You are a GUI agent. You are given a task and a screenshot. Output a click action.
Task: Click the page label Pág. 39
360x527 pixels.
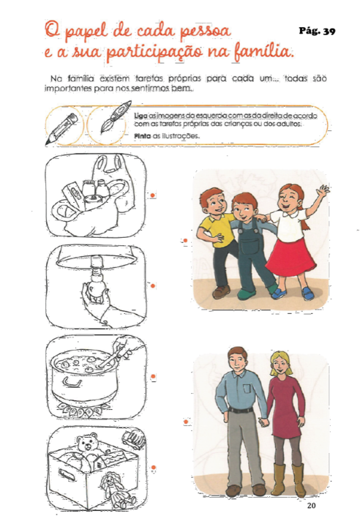(317, 31)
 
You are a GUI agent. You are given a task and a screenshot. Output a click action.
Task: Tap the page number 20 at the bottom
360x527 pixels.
(311, 505)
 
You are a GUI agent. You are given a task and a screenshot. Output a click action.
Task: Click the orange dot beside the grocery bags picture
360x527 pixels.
(152, 195)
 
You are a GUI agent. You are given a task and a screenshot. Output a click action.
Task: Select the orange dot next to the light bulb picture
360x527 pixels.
(153, 285)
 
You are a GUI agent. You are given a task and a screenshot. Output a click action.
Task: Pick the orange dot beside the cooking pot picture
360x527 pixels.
(153, 376)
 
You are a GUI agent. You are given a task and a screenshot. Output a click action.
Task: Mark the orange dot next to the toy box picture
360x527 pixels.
(153, 468)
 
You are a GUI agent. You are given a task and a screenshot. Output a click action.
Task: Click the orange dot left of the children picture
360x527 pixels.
(185, 241)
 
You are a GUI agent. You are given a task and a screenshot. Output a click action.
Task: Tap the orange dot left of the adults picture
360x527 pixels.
(185, 422)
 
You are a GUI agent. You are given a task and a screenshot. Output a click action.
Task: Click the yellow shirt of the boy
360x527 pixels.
(218, 231)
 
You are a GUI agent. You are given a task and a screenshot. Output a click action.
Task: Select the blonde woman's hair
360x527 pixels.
(280, 362)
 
